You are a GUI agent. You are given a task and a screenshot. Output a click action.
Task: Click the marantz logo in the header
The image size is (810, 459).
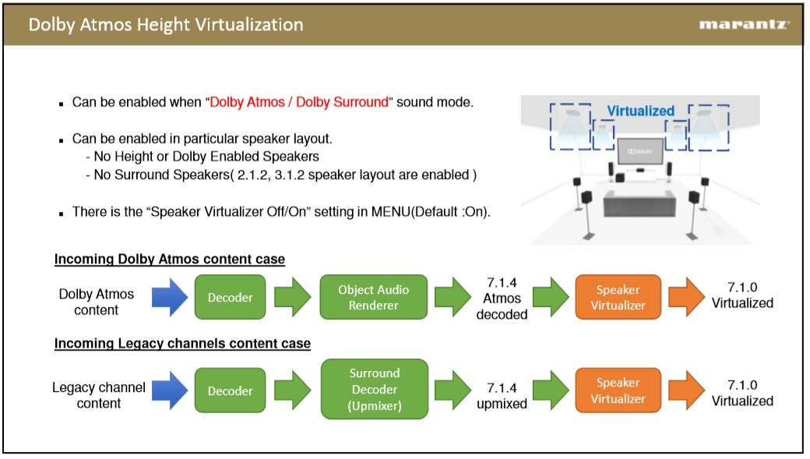744,24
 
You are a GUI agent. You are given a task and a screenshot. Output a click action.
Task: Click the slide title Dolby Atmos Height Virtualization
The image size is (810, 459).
165,25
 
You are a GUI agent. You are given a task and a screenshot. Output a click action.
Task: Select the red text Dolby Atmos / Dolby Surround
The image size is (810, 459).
299,102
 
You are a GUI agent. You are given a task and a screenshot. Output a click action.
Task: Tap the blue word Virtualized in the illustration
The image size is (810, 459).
640,111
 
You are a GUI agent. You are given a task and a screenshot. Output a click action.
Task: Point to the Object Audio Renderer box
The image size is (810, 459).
374,297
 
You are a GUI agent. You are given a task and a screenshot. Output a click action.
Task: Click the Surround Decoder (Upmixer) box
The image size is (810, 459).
374,389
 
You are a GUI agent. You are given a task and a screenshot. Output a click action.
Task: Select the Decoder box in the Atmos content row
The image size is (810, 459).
231,297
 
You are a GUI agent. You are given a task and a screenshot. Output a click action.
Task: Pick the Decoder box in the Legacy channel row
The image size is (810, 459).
231,391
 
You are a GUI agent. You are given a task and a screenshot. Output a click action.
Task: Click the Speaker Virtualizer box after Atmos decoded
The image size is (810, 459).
618,297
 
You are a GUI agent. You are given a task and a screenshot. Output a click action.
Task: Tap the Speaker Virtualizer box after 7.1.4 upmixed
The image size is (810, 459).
618,391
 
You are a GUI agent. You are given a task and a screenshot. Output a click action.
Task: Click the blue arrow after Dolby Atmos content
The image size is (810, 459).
168,297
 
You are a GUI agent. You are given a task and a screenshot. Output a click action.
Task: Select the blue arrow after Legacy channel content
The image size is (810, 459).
168,391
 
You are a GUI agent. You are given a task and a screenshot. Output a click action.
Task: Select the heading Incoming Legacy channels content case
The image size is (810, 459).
182,344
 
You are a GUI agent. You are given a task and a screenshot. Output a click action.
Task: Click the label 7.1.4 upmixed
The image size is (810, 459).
502,395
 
